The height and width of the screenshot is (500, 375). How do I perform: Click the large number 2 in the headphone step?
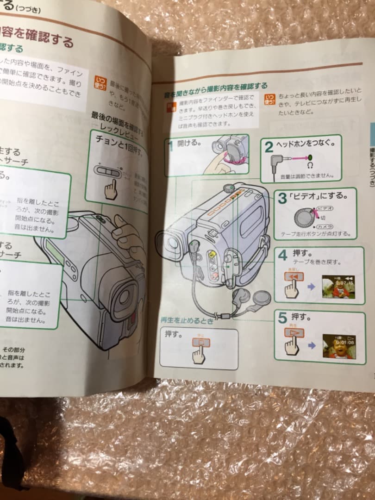(x=269, y=147)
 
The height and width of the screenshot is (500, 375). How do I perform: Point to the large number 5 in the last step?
(x=282, y=319)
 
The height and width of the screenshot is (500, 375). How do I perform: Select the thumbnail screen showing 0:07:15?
(x=338, y=287)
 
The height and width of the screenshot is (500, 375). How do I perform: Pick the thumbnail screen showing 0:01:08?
(x=339, y=346)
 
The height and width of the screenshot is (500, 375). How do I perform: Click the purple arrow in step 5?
(x=311, y=345)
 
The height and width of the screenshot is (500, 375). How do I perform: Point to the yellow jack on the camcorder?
(x=211, y=255)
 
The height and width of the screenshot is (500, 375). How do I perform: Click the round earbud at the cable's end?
(x=261, y=298)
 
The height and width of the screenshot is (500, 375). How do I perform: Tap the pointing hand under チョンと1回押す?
(x=111, y=189)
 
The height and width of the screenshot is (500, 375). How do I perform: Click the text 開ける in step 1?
(x=190, y=144)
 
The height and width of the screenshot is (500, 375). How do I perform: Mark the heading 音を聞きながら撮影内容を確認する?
(x=216, y=90)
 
